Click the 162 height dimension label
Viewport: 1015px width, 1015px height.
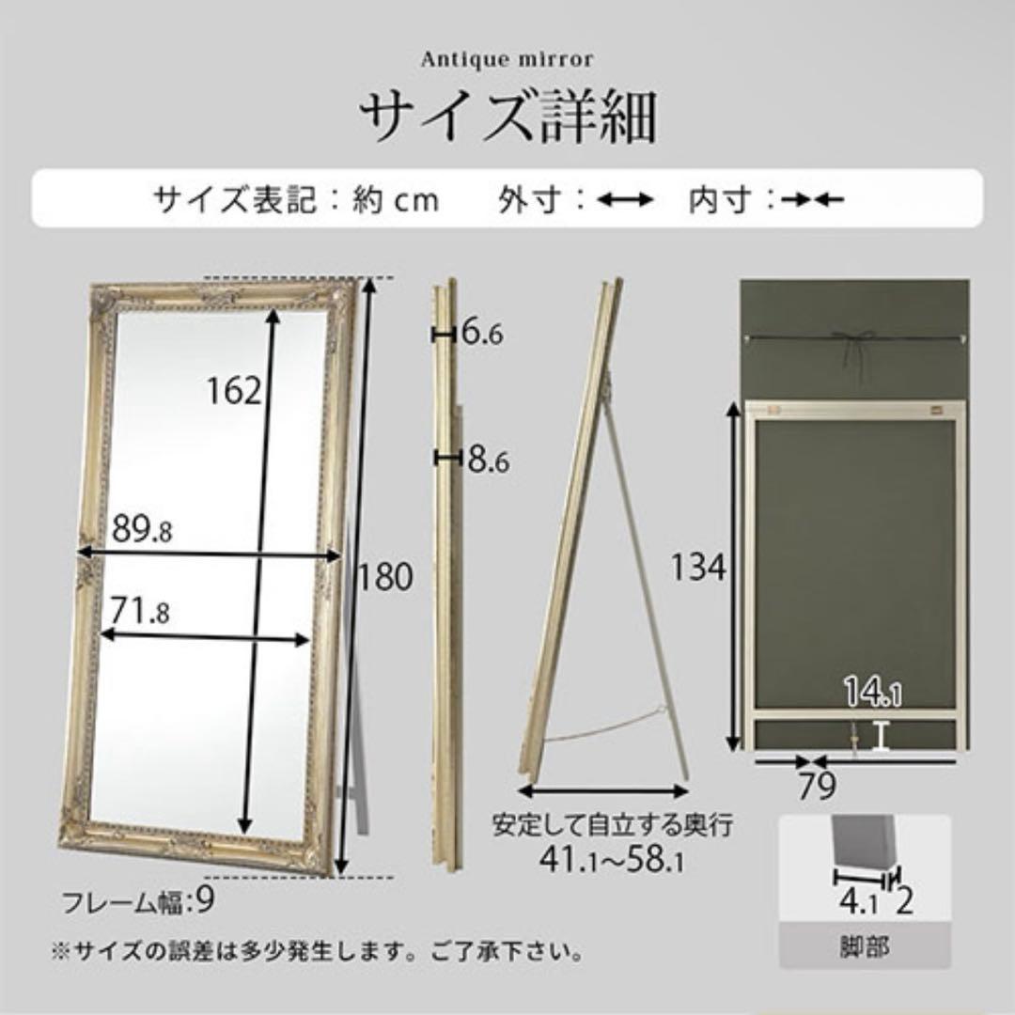point(235,389)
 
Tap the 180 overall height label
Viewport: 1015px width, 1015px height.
point(385,577)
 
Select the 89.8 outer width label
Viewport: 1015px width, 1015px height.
point(142,530)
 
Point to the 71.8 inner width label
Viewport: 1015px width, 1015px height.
point(138,612)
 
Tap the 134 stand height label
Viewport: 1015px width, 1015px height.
point(699,568)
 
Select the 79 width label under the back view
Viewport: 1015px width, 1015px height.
point(817,787)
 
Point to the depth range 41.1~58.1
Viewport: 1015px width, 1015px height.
point(612,859)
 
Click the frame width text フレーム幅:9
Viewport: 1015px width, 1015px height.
point(138,903)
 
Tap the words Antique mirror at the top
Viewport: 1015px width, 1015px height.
point(507,59)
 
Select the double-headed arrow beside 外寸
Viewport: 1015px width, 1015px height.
point(625,199)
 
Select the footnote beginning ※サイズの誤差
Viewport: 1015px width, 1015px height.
point(317,952)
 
